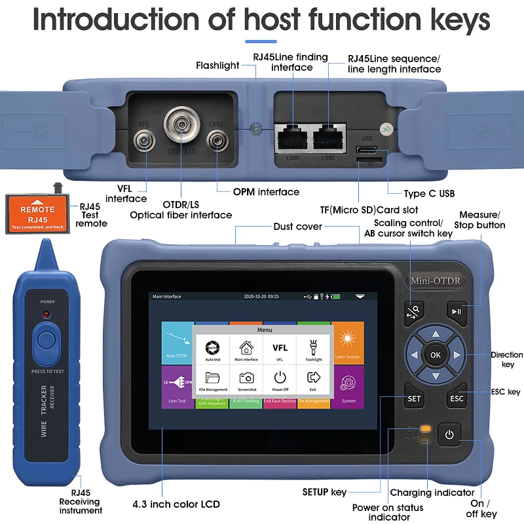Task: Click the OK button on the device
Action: tap(436, 355)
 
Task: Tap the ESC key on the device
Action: tap(457, 398)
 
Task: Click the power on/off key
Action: tap(449, 434)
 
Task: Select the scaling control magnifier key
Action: tap(414, 310)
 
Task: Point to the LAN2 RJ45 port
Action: tap(329, 139)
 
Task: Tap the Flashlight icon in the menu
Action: tap(313, 348)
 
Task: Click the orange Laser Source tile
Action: tap(347, 343)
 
